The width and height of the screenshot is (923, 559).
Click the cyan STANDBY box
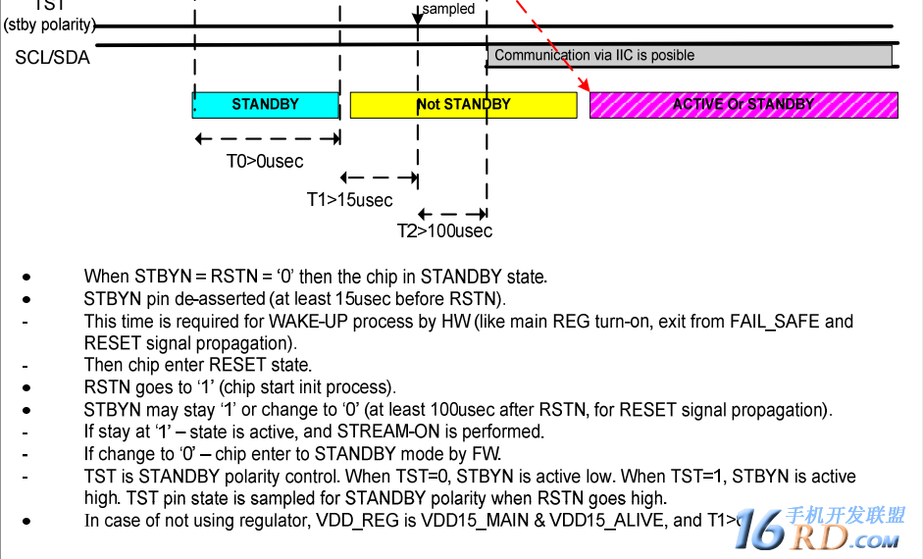click(265, 104)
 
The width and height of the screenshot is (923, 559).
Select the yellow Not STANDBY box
click(463, 104)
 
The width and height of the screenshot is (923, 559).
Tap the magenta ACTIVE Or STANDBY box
click(744, 104)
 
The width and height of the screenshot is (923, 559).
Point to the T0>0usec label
click(265, 161)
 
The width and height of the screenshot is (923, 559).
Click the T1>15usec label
click(349, 200)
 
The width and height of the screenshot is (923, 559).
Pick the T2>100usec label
click(444, 231)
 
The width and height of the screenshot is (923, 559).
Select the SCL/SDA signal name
click(52, 58)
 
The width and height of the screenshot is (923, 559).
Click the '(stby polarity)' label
click(49, 25)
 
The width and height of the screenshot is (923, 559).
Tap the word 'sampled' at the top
click(448, 9)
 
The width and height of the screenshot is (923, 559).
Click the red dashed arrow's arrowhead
click(587, 86)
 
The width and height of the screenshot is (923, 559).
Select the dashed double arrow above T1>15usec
click(380, 178)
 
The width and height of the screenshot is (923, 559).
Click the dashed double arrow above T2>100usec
click(452, 213)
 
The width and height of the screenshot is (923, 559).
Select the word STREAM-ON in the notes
click(387, 432)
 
